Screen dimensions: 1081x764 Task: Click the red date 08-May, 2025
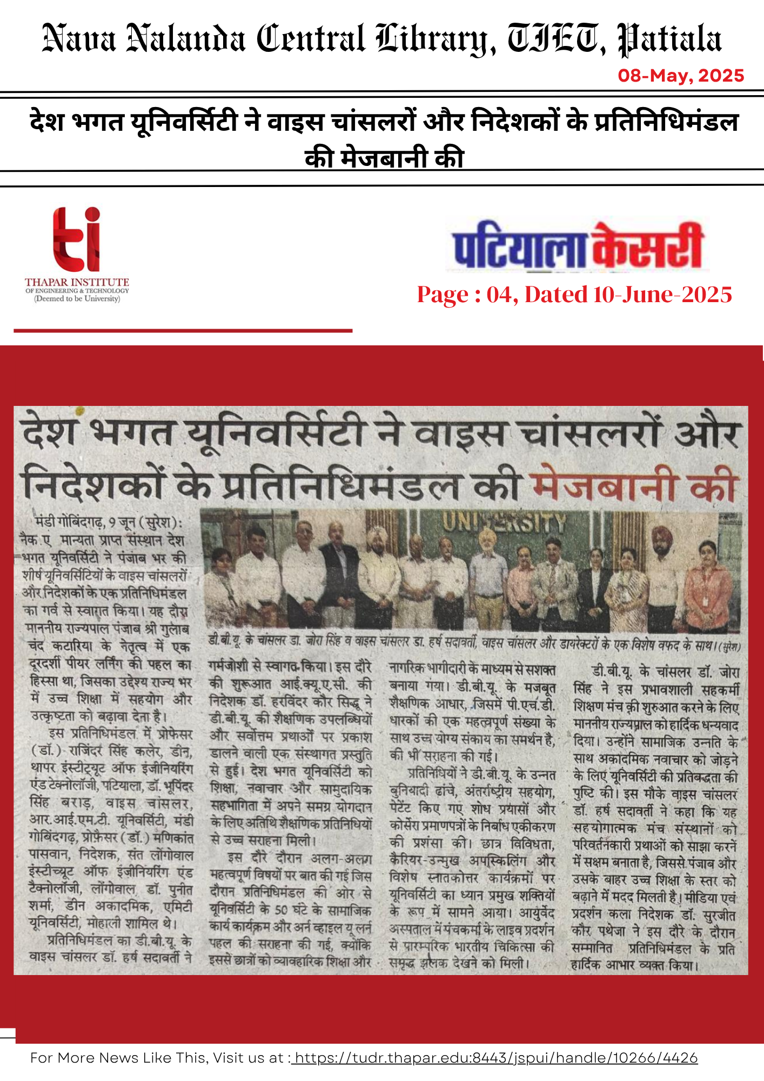click(x=681, y=76)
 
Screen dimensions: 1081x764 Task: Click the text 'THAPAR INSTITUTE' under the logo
click(x=77, y=282)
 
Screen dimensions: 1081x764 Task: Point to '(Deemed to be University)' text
click(x=77, y=299)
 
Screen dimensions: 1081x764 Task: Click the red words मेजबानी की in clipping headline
click(x=635, y=485)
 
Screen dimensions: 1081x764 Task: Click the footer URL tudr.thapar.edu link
click(x=495, y=1058)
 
